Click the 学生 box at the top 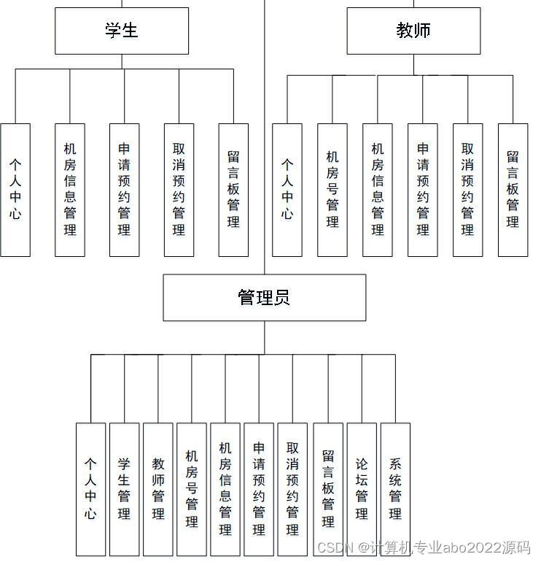click(122, 31)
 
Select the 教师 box click(413, 31)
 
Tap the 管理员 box click(264, 298)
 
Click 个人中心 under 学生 click(15, 190)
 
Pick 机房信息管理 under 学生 click(70, 190)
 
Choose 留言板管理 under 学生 click(233, 190)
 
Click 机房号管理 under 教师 click(332, 190)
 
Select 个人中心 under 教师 click(287, 190)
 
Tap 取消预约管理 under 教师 click(467, 190)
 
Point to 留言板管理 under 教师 click(513, 190)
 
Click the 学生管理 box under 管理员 click(124, 489)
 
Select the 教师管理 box click(158, 489)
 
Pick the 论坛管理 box click(362, 489)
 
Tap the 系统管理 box click(395, 489)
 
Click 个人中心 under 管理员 click(90, 489)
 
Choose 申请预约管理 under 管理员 click(259, 489)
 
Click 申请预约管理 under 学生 click(124, 190)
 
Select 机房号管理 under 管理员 click(192, 489)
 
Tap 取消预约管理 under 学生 click(179, 190)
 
